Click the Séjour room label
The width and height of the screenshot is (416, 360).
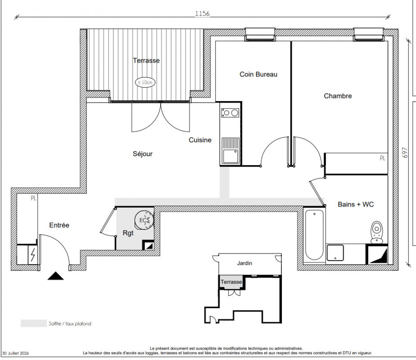coord(143,154)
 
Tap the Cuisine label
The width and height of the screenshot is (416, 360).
coord(200,140)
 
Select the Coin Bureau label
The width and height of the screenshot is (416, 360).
coord(258,74)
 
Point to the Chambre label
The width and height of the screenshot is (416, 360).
coord(338,96)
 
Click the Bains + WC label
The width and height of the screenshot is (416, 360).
coord(356,204)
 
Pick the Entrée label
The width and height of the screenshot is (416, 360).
coord(59,225)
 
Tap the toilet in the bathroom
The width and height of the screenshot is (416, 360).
coord(377,232)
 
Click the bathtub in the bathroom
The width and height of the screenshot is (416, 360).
coord(314,234)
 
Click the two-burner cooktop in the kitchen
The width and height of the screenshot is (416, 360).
coord(231,113)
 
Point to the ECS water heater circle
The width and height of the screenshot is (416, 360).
coord(144,220)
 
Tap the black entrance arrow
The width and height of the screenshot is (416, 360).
coord(55,276)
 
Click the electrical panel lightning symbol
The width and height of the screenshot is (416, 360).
coord(32,255)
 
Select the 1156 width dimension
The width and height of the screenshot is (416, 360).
coord(203,13)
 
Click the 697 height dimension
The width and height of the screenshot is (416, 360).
coord(405,153)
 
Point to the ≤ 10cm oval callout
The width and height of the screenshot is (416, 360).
coord(145,82)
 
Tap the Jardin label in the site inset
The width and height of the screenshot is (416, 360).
coord(244,263)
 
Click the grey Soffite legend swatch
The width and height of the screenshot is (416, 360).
coord(34,324)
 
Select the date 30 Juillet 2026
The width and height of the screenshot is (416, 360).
coord(15,353)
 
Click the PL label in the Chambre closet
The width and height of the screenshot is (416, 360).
coord(382,158)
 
